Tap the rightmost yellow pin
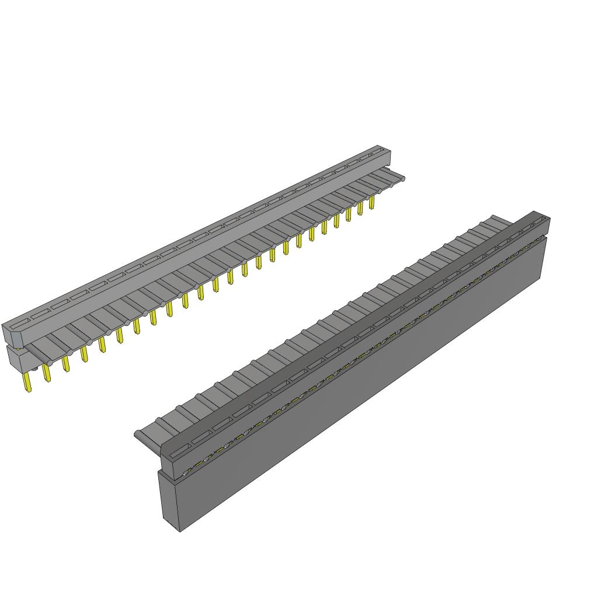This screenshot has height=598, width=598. pyautogui.click(x=371, y=202)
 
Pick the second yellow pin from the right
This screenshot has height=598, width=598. pyautogui.click(x=360, y=207)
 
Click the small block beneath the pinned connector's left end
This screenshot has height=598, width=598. pyautogui.click(x=15, y=359)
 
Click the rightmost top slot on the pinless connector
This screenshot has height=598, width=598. pyautogui.click(x=540, y=221)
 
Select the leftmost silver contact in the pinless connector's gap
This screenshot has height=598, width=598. pyautogui.click(x=187, y=471)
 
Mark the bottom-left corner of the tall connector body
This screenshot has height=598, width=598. pyautogui.click(x=179, y=531)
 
